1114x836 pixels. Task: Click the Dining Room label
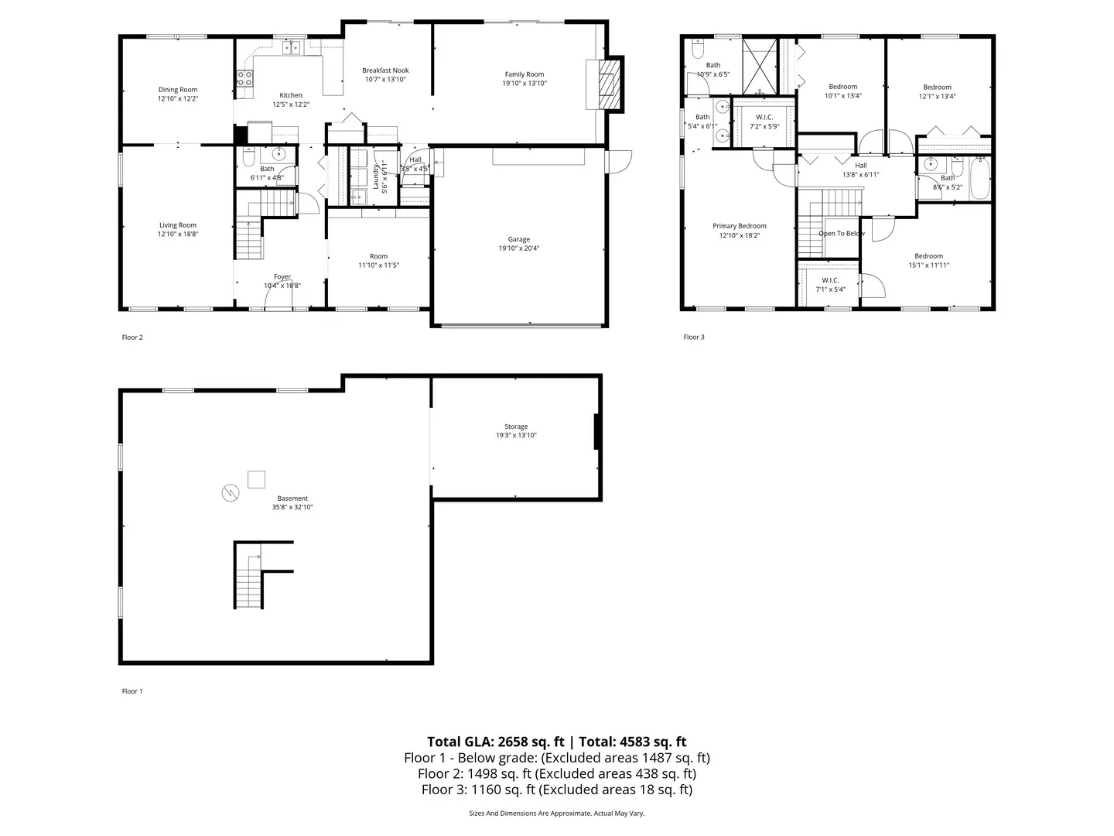[x=178, y=90]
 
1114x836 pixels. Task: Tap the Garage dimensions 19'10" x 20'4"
[x=519, y=248]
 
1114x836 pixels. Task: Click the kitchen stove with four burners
[x=244, y=77]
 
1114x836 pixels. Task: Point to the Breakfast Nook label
[x=385, y=70]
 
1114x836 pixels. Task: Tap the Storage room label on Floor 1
[x=516, y=427]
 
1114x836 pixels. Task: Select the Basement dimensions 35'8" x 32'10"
[x=292, y=507]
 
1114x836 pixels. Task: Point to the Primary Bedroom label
[x=740, y=226]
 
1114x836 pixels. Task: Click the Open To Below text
[x=842, y=233]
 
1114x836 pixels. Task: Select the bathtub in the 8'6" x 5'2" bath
[x=980, y=177]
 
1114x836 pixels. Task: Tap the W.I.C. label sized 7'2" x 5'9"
[x=764, y=117]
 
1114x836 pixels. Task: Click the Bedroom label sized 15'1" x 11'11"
[x=928, y=256]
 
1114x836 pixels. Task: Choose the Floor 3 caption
[x=694, y=337]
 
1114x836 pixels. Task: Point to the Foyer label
[x=282, y=276]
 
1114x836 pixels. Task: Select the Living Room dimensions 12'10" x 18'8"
[x=178, y=234]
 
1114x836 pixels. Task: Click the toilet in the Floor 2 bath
[x=248, y=159]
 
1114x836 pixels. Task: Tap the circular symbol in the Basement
[x=229, y=492]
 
